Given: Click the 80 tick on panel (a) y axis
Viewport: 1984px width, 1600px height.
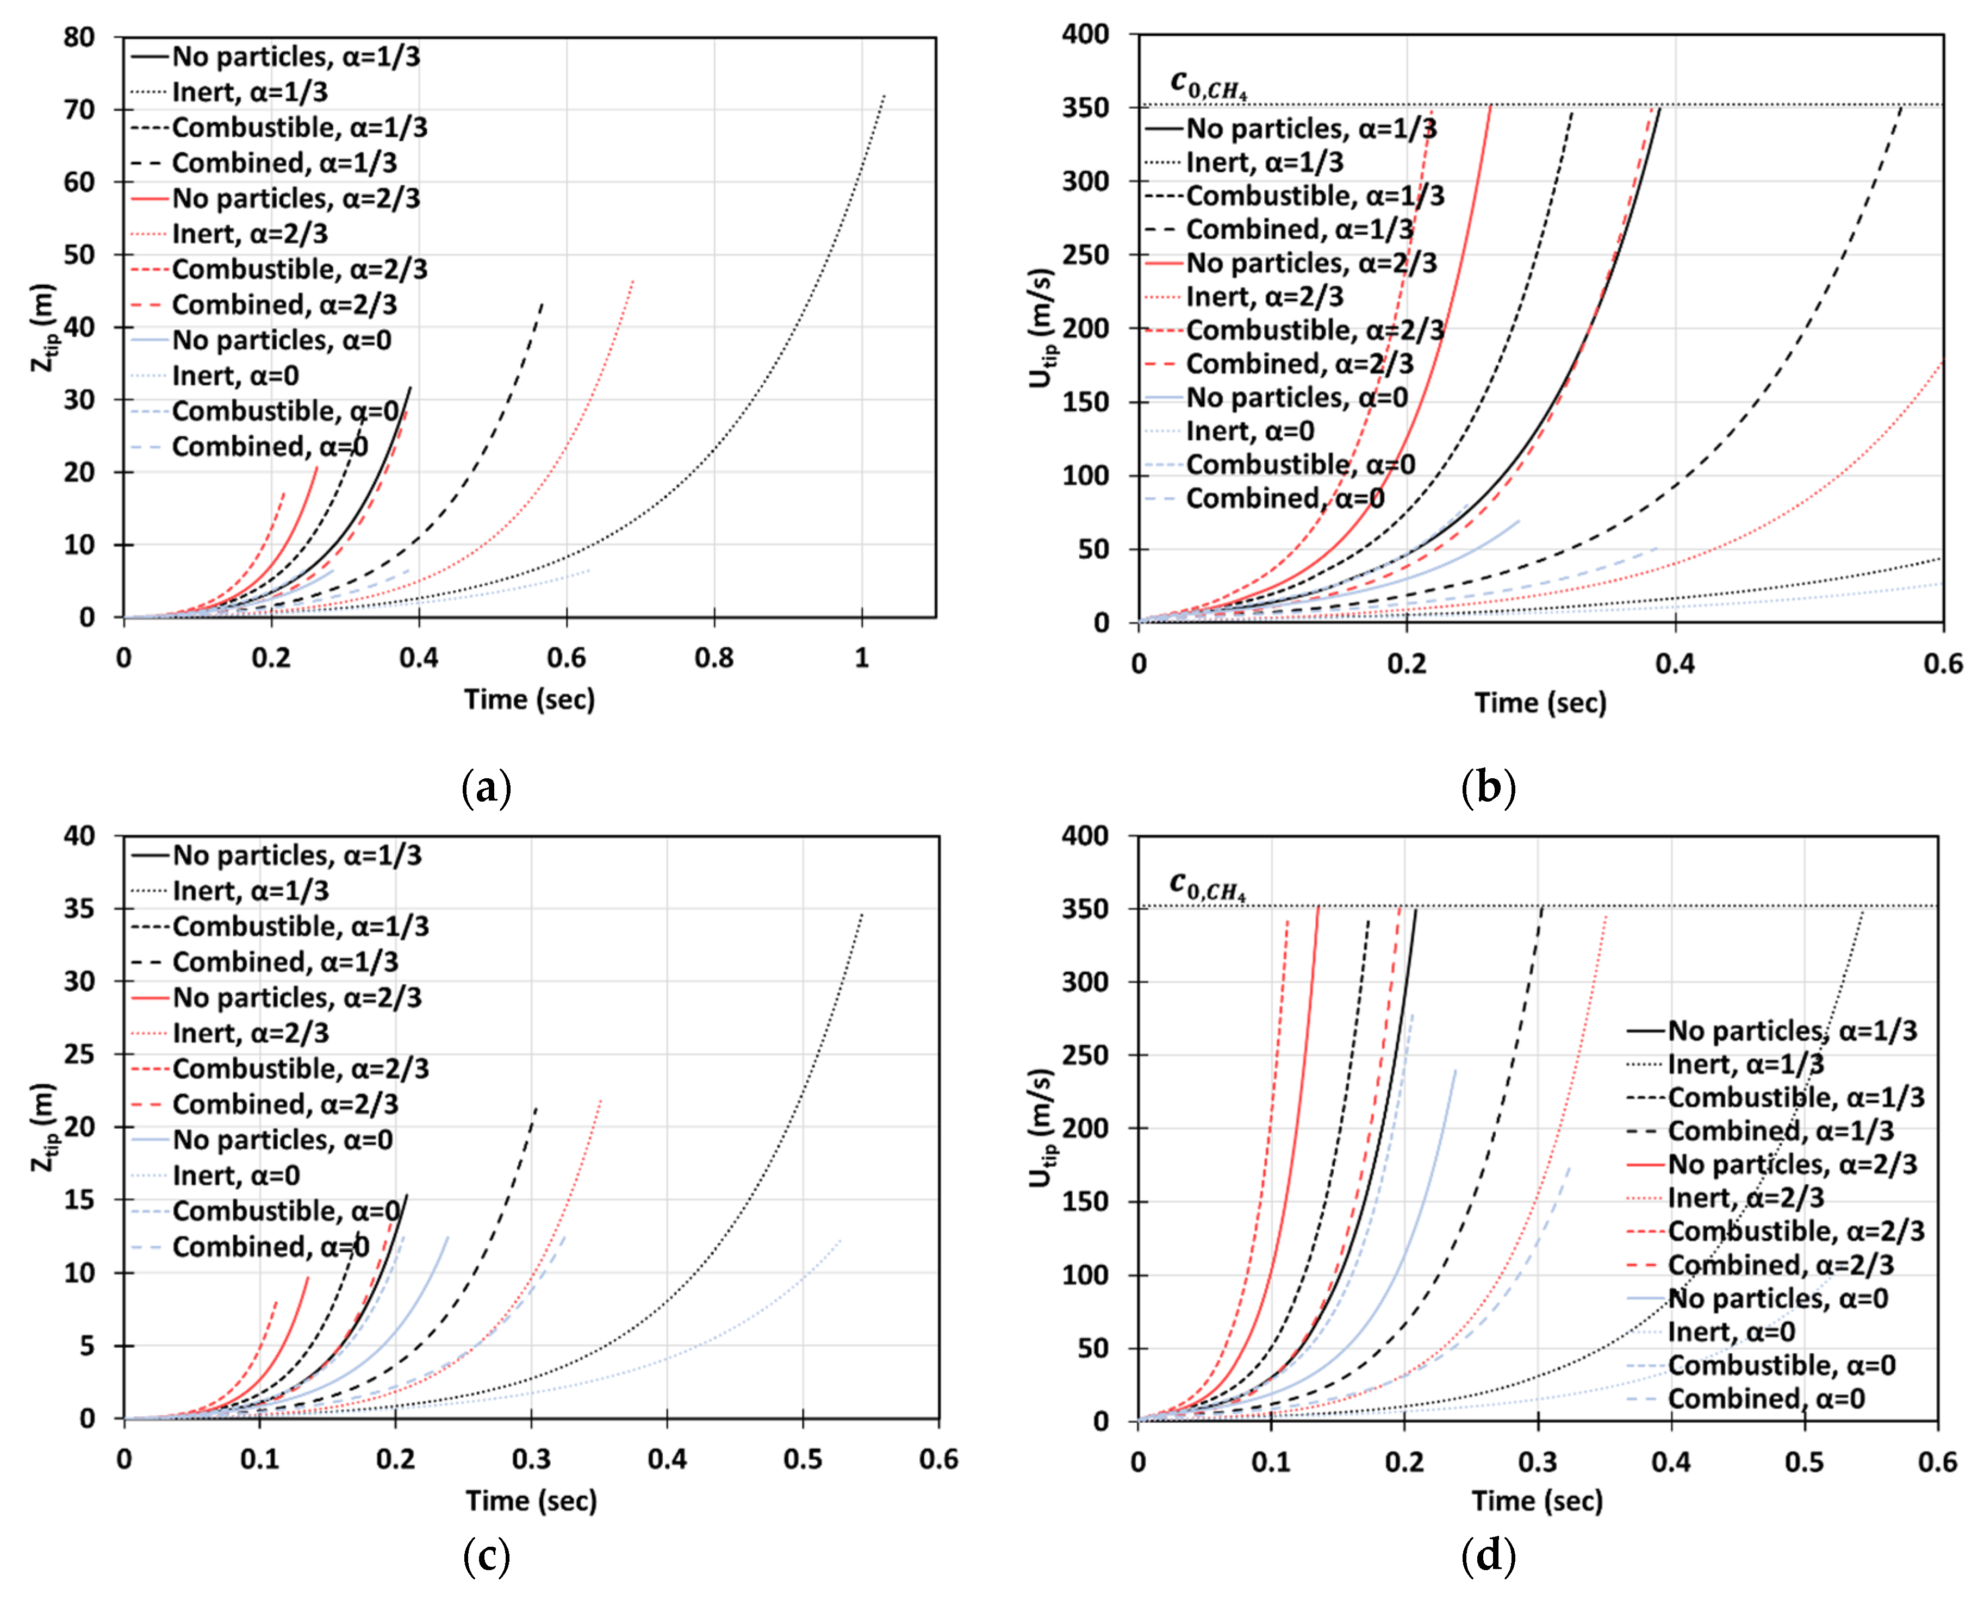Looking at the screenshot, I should click(x=79, y=38).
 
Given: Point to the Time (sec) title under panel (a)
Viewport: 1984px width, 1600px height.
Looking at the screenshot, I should click(x=529, y=699).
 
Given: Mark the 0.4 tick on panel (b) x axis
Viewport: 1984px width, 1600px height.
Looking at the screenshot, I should click(x=1674, y=664).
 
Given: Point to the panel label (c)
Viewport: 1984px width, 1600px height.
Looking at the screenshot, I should click(x=486, y=1557).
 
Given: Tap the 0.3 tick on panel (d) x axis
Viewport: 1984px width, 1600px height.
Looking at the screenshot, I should click(x=1537, y=1462).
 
